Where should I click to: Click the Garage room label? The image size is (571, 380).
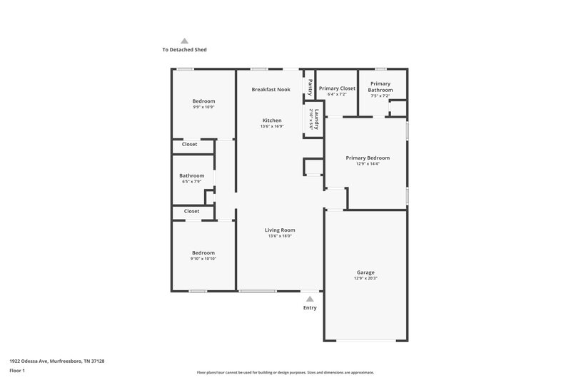point(365,272)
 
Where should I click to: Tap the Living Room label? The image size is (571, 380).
point(280,230)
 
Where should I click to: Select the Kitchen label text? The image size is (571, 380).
point(271,120)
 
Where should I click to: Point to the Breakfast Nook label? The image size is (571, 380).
point(271,89)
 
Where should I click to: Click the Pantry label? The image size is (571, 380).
point(310,87)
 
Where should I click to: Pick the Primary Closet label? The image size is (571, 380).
point(337,88)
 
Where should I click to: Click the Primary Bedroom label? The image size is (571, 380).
point(368,158)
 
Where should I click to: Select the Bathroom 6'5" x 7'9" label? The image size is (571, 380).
point(192,175)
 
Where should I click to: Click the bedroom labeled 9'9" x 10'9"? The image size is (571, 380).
point(203,101)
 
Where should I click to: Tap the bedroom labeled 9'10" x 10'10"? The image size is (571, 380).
point(203,252)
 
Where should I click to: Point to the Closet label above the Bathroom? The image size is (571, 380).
point(189,144)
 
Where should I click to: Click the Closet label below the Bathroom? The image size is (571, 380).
point(191,211)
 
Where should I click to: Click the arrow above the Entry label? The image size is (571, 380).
point(310,299)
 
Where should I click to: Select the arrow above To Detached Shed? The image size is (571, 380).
point(184,41)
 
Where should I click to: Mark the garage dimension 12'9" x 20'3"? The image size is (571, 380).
point(365,278)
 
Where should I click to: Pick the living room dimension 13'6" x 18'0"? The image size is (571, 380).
point(280,236)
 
